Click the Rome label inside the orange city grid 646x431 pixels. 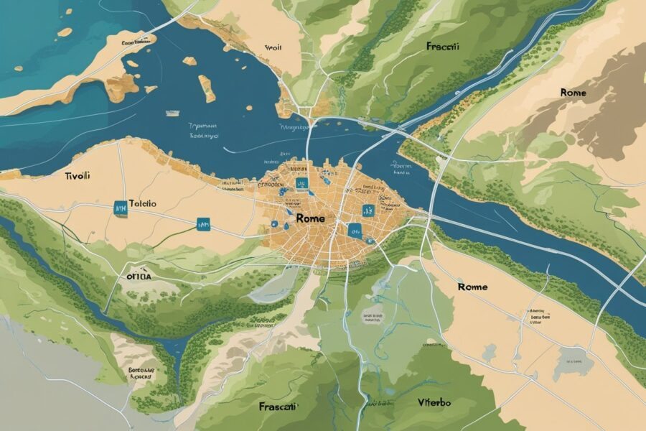309,218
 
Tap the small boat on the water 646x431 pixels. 173,112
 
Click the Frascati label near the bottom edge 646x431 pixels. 279,406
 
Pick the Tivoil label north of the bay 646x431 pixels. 272,48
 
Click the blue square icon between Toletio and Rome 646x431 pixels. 202,225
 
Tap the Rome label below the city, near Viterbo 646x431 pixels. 472,287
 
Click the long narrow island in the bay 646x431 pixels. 206,88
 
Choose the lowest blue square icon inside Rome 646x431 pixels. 353,231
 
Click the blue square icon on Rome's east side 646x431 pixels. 369,210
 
